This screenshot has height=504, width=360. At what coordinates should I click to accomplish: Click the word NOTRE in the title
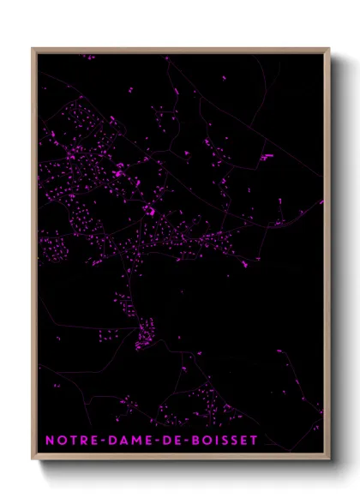tap(69, 440)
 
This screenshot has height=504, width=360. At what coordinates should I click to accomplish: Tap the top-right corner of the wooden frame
tap(330, 49)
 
